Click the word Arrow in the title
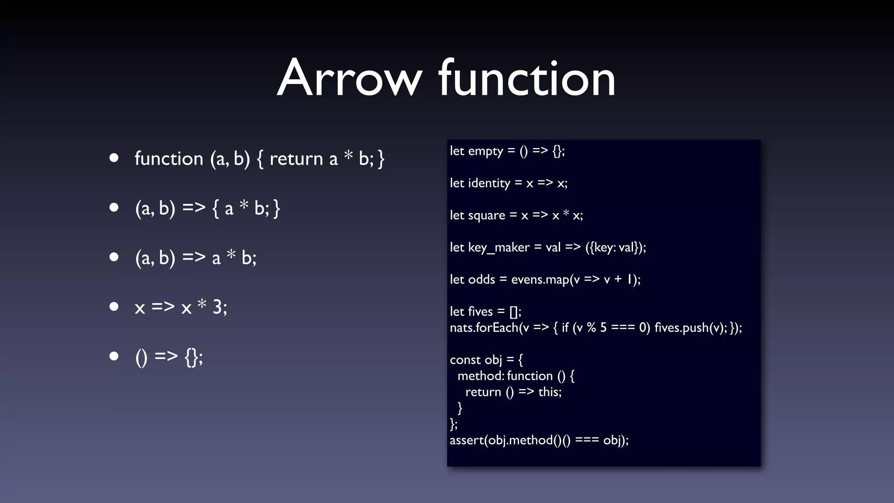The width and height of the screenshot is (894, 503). (x=349, y=79)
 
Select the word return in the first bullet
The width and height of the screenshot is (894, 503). (x=296, y=159)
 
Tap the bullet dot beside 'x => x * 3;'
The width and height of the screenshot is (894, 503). (x=114, y=307)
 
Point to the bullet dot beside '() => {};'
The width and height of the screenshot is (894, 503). (x=114, y=356)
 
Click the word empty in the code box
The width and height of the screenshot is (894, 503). (x=485, y=152)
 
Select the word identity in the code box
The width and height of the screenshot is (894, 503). (x=489, y=183)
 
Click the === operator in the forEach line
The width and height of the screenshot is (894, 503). (x=622, y=327)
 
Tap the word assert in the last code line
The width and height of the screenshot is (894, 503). (x=467, y=440)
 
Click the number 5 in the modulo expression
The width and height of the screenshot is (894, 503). (x=603, y=327)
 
